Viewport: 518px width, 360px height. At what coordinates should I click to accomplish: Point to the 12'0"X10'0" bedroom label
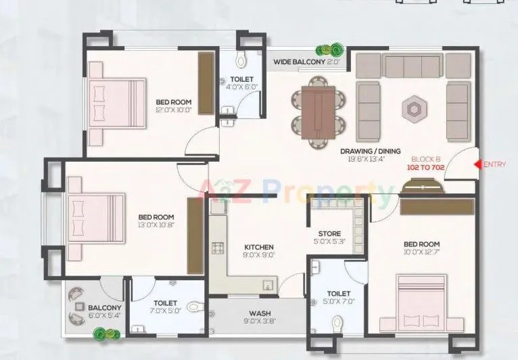point(174,105)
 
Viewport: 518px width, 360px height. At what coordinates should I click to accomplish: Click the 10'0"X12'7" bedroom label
point(421,248)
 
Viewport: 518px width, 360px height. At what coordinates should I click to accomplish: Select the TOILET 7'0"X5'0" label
point(165,308)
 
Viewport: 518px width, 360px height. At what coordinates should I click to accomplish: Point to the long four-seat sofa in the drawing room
point(412,66)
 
